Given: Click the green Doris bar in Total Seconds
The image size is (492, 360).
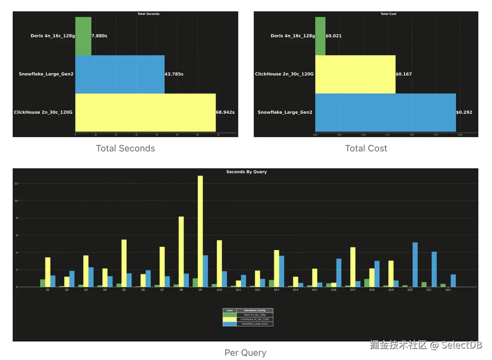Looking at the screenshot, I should pos(83,36).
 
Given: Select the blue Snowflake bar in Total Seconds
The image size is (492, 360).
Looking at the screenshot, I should pos(120,74).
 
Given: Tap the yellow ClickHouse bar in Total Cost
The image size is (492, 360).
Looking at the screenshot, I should pos(355,74).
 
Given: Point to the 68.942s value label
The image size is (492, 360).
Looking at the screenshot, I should pos(225,113).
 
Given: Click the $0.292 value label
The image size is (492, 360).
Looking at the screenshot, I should pos(464,113).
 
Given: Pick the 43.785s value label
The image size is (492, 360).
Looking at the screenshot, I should pos(174,74).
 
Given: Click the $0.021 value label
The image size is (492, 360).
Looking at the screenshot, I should pos(334,36).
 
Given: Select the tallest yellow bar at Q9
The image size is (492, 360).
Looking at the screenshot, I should pos(200,231).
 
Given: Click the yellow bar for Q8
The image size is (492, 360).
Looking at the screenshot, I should pos(181,252).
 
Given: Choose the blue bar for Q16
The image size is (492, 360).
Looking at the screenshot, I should pos(339,272).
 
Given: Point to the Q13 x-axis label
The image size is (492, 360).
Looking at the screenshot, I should pos(276,290).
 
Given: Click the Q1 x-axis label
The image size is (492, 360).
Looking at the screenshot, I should pos(48,290).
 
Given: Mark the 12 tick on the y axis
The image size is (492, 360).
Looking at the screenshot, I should pos(16,184).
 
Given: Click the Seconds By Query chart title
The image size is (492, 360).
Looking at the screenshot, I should pos(246,172).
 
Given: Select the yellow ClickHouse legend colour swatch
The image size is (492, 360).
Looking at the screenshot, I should pos(229,319).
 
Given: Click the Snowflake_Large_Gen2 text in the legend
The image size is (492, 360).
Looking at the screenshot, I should pos(254,324).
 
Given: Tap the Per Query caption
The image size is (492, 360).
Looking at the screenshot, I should pos(245,352).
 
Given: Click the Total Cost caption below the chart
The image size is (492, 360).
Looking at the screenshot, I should pos(366,148).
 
